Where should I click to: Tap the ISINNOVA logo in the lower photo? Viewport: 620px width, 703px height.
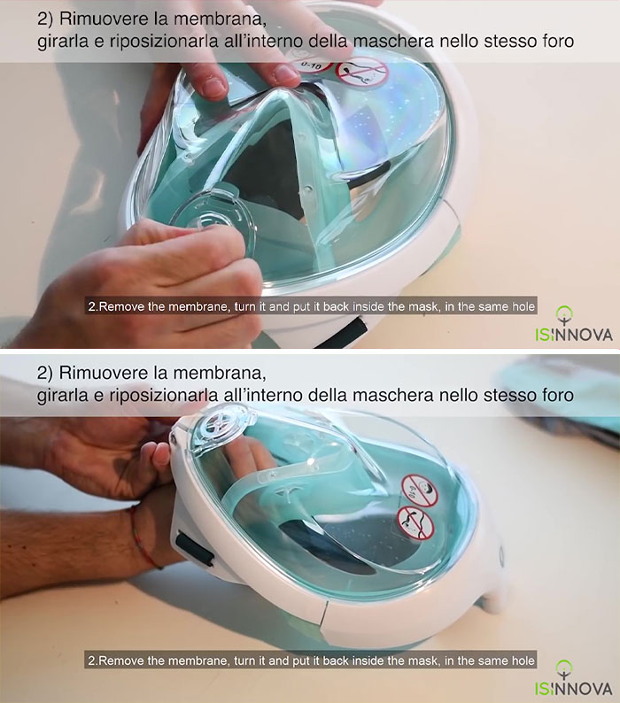point(572,677)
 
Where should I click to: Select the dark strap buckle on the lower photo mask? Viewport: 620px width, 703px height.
point(194,546)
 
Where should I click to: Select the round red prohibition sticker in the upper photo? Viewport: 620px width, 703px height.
point(363,72)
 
